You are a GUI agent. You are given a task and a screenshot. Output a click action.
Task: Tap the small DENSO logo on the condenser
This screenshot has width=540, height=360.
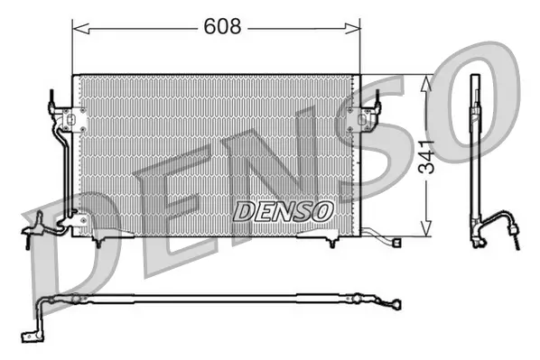[x=284, y=210]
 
